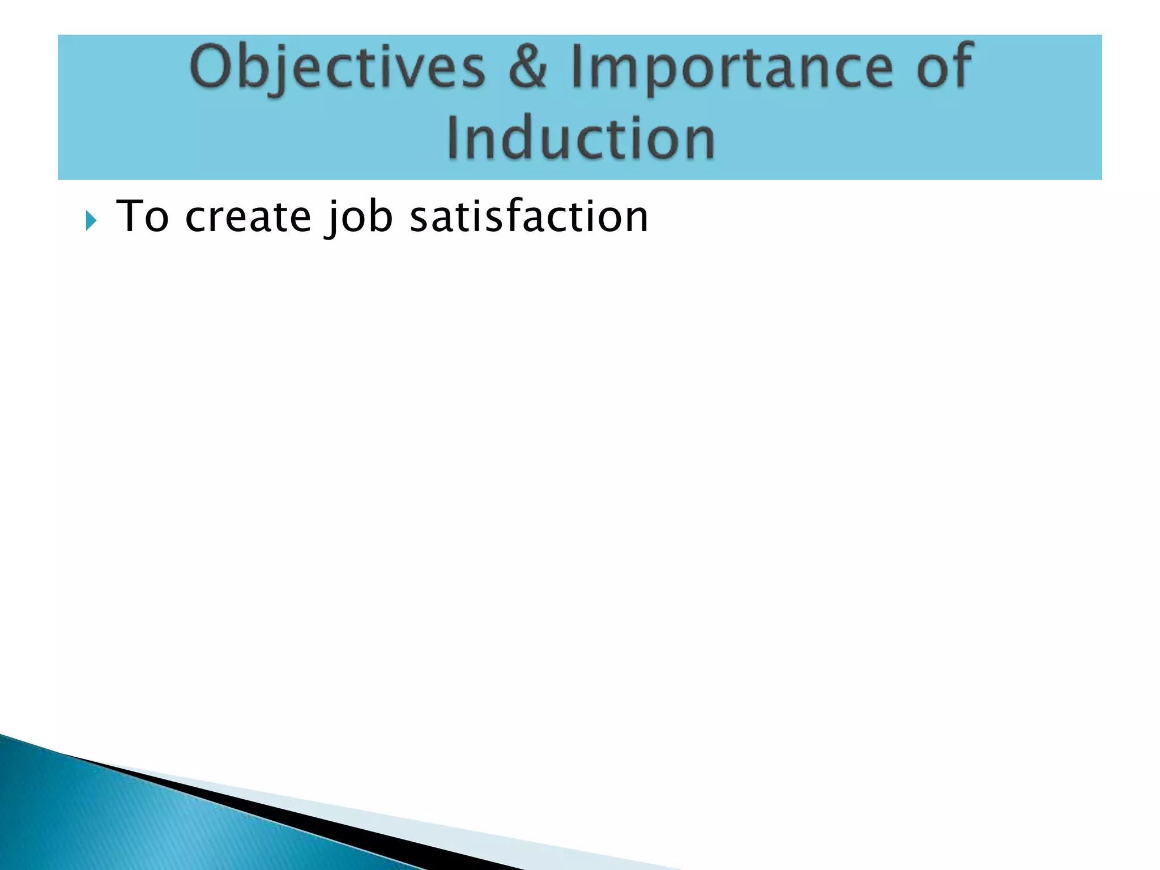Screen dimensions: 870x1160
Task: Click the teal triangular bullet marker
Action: click(x=91, y=220)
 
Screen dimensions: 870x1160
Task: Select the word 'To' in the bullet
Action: click(x=142, y=216)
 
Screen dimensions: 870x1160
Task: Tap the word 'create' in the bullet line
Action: click(x=248, y=216)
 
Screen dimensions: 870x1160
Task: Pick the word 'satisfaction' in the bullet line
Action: click(x=528, y=216)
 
